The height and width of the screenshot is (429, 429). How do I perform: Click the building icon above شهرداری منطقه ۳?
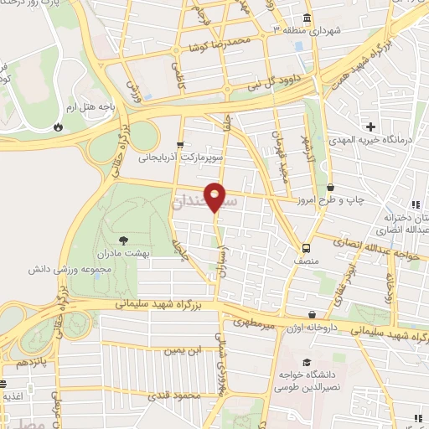(308, 17)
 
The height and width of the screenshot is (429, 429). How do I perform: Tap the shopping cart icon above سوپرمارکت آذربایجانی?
(182, 144)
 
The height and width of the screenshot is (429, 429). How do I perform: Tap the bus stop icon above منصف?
(307, 248)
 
